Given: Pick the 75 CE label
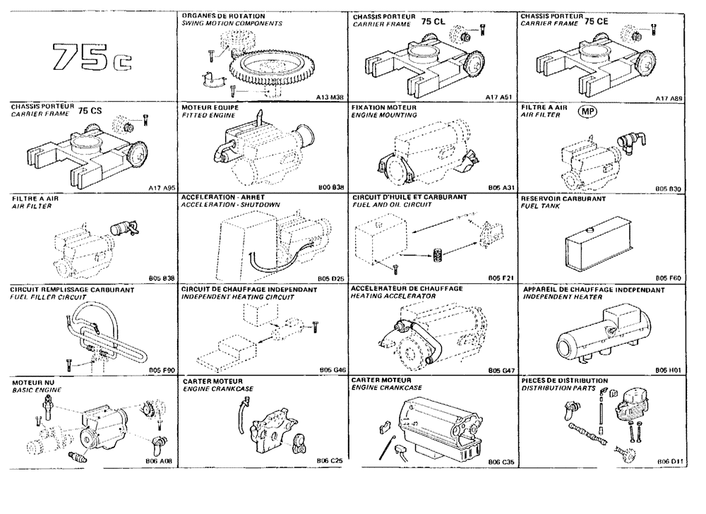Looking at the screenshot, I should point(598,23).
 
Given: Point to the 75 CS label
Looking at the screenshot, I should point(90,111).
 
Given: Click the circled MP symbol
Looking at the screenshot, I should point(587,112).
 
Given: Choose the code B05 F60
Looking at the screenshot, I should point(667,279).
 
